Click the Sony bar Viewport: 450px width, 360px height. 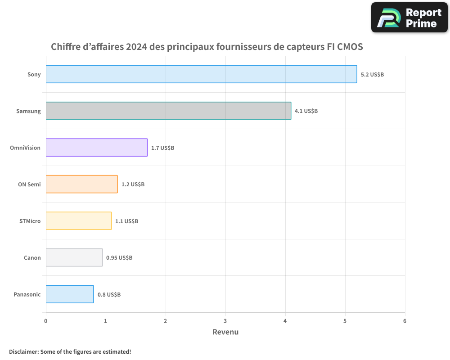201,74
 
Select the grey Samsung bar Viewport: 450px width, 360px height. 168,111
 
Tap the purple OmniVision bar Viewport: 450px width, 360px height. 97,147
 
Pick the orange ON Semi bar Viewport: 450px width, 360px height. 81,184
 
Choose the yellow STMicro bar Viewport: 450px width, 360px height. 79,220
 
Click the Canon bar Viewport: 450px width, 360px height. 74,257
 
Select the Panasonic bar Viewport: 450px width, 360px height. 70,294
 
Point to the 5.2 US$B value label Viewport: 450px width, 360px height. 372,74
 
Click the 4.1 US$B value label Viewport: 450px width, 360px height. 306,111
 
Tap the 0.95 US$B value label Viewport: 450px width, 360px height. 119,258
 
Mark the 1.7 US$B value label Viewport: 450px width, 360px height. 162,148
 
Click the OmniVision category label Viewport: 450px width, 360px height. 25,148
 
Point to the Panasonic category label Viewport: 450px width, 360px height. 27,294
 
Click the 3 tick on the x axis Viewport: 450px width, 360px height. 225,321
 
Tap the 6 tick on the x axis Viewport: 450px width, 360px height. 405,321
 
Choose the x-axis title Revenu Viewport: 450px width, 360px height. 225,332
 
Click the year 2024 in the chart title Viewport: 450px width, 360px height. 138,47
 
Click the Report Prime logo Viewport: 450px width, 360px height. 409,18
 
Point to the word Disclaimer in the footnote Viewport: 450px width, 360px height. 23,351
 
